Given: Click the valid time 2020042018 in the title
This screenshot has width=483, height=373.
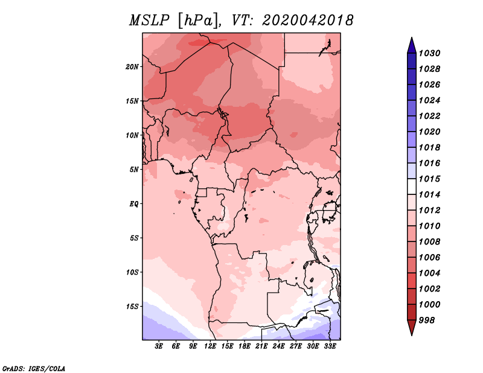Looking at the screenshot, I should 308,21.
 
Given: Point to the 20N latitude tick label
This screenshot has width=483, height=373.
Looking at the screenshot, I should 132,66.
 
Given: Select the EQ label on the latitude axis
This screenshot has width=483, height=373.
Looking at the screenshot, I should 134,204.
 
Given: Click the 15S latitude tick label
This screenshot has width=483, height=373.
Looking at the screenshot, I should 132,307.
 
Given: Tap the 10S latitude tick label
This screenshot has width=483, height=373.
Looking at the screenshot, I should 132,272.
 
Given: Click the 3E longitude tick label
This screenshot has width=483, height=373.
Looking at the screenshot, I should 159,347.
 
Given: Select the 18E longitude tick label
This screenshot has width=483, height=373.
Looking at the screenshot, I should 245,347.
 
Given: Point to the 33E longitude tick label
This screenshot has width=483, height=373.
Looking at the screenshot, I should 330,347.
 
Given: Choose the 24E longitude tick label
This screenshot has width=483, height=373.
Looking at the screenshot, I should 278,347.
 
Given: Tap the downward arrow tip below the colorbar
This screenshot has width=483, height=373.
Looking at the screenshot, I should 411,333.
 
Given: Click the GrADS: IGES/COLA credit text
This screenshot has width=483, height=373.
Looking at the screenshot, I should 33,368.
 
